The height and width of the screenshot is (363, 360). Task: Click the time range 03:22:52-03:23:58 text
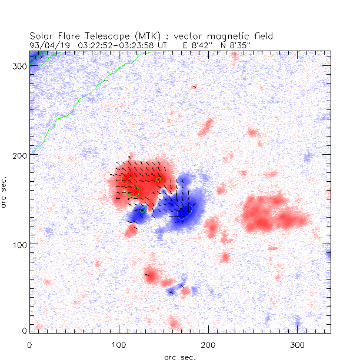[x=121, y=44]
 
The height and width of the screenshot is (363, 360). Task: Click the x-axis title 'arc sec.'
[x=179, y=357]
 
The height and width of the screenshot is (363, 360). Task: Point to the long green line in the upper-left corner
[x=76, y=106]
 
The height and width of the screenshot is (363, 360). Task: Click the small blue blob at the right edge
[x=328, y=254]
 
